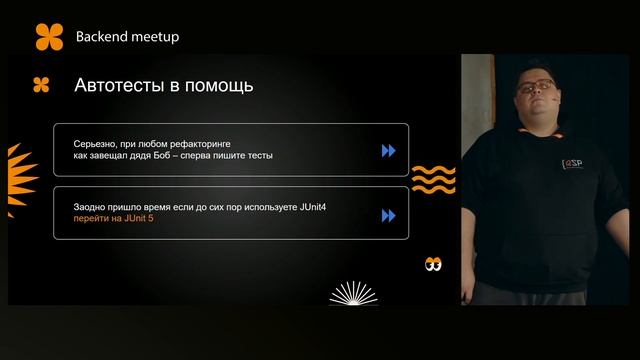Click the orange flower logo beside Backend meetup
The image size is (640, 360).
click(49, 36)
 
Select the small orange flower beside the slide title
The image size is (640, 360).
click(41, 85)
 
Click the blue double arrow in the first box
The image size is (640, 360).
click(388, 151)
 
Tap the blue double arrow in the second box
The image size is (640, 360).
click(388, 214)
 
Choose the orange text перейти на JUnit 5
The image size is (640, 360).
click(114, 219)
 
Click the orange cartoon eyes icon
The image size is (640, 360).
click(432, 265)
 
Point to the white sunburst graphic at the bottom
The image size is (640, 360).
click(353, 293)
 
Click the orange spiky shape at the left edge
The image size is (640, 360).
click(15, 166)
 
